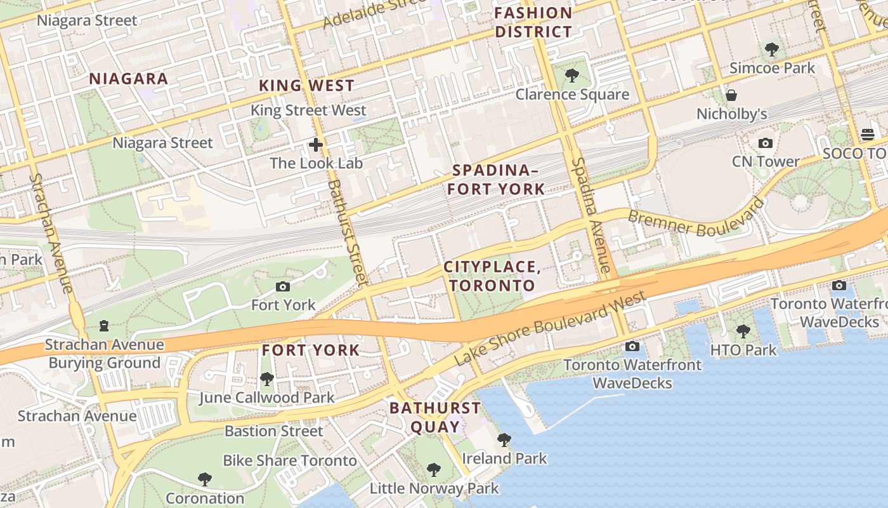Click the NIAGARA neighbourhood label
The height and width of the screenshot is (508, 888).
[x=129, y=79]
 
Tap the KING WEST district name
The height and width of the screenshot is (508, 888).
[x=306, y=86]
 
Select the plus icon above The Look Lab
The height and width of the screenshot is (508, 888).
[x=316, y=145]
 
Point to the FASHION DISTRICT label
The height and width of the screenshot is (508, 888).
[x=533, y=22]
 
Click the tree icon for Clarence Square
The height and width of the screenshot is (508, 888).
[x=571, y=76]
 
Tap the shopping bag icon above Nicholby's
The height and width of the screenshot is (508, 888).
[x=731, y=96]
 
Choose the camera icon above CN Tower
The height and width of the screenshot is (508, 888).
[x=766, y=144]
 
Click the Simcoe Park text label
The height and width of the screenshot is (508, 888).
[x=772, y=68]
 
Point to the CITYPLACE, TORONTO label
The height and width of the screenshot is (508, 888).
[x=492, y=276]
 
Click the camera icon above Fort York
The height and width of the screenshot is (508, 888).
[x=283, y=287]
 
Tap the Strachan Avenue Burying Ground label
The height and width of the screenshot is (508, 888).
[x=105, y=354]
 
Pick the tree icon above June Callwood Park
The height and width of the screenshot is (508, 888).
[x=266, y=380]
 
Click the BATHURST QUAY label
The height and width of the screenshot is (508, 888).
[x=435, y=417]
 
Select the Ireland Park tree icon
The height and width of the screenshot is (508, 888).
[x=504, y=439]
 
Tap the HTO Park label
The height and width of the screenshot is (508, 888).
[x=743, y=350]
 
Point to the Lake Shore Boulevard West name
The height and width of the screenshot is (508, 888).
[x=550, y=328]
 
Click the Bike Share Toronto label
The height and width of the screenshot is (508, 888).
[x=290, y=460]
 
